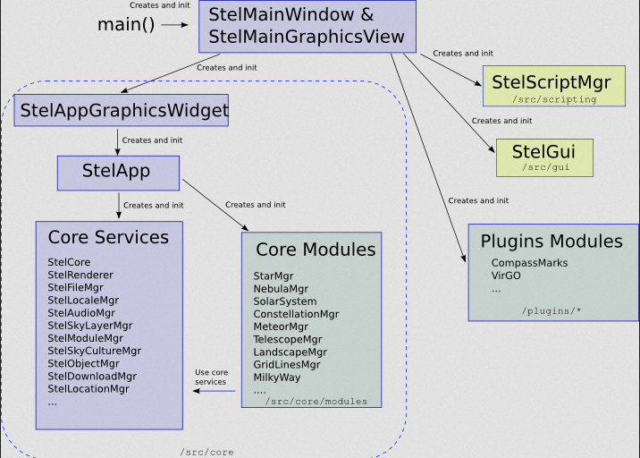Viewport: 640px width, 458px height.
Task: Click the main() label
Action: coord(126,24)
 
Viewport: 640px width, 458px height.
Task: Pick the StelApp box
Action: coord(118,173)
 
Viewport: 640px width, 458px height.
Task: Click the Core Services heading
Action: coord(108,237)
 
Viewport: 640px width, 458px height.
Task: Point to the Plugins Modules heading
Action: coord(552,241)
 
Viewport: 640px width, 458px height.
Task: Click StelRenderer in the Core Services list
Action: coord(80,275)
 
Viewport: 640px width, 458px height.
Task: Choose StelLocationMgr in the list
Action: coord(88,389)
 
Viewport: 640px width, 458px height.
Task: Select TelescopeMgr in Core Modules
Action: coord(288,340)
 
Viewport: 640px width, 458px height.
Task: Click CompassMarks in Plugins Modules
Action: coord(529,263)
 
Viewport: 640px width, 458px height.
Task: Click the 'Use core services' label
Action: coord(211,377)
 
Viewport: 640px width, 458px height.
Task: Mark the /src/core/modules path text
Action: coord(316,402)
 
